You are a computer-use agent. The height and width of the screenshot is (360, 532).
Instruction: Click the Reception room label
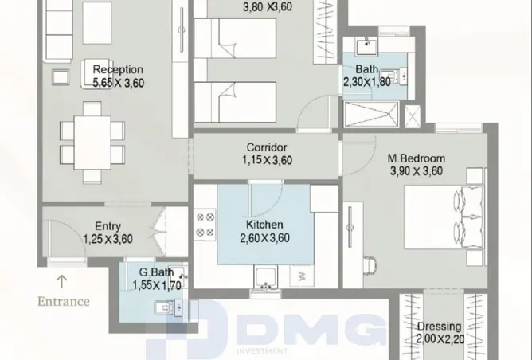coord(118,69)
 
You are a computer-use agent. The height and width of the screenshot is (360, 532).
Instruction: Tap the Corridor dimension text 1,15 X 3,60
coord(268,160)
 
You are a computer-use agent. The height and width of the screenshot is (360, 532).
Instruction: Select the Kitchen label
coord(264,225)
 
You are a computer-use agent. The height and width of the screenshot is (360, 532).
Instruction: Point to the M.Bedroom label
coord(417,158)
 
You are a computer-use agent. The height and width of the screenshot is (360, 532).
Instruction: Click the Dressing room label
coord(439,327)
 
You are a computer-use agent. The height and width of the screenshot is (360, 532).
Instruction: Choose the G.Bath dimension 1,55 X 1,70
coord(157,285)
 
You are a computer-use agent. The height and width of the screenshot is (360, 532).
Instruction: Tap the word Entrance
coord(64,302)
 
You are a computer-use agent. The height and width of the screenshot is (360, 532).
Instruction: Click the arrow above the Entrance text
coord(61,282)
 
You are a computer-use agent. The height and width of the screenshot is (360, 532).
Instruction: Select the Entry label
coord(108,226)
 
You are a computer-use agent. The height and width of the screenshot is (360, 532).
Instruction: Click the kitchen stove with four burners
coord(205,225)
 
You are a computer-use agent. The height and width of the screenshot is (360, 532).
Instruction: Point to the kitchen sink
coord(266,276)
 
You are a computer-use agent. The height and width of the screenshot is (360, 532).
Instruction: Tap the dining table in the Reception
coord(92,143)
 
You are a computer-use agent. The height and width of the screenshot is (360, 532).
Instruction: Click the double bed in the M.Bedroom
coord(444,217)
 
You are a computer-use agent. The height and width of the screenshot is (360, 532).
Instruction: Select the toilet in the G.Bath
coord(169,308)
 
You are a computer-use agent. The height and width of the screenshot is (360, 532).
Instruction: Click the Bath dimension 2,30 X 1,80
coord(367,82)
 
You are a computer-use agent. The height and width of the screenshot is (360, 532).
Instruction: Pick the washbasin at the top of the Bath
coord(366,46)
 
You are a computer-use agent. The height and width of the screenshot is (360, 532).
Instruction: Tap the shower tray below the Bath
coord(371,115)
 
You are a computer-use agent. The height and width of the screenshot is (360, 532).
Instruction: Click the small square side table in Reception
coord(61,77)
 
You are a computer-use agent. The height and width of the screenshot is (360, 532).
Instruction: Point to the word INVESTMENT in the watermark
coord(262,351)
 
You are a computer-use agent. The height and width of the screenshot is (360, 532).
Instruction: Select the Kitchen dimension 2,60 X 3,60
coord(264,238)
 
